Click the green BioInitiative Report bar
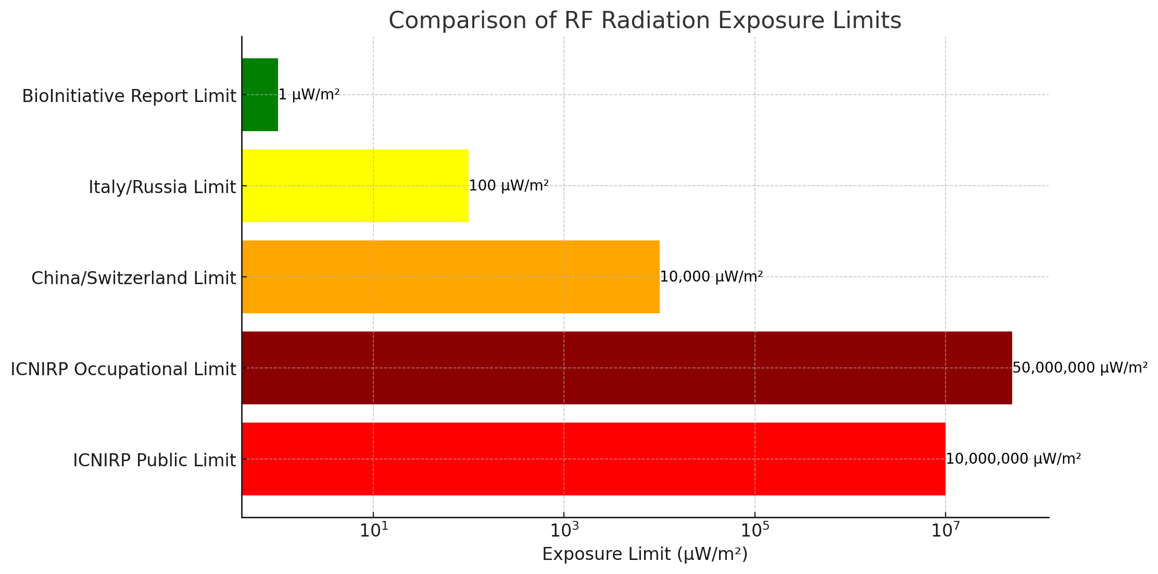pyautogui.click(x=260, y=95)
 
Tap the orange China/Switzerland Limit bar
pyautogui.click(x=450, y=277)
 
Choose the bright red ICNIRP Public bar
pyautogui.click(x=593, y=459)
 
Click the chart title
pyautogui.click(x=645, y=21)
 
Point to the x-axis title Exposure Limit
pyautogui.click(x=645, y=554)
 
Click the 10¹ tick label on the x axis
pyautogui.click(x=373, y=532)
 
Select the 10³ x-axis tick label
pyautogui.click(x=564, y=532)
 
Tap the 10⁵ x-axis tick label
pyautogui.click(x=754, y=532)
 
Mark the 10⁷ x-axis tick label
pyautogui.click(x=945, y=532)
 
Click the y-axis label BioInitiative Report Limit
pyautogui.click(x=129, y=96)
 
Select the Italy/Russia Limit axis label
pyautogui.click(x=162, y=187)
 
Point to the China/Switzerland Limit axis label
pyautogui.click(x=133, y=278)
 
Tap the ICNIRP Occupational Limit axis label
pyautogui.click(x=123, y=369)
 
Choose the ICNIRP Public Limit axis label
pyautogui.click(x=154, y=461)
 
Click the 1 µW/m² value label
pyautogui.click(x=309, y=95)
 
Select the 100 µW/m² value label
pyautogui.click(x=509, y=186)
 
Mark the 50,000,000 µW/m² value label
pyautogui.click(x=1080, y=368)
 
